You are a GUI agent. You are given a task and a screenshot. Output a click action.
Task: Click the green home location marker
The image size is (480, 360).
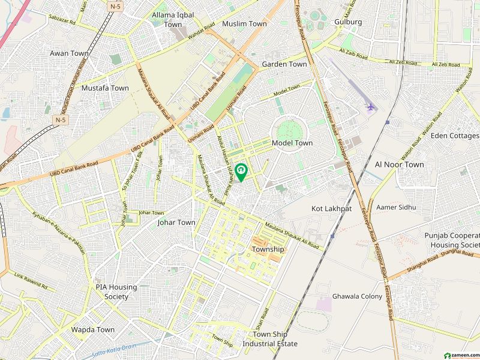(241, 172)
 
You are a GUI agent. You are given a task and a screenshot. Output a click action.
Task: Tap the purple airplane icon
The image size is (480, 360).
(370, 107)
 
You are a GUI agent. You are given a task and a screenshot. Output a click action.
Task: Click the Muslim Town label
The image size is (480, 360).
(244, 24)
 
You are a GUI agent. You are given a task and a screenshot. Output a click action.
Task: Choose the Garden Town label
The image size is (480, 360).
(284, 64)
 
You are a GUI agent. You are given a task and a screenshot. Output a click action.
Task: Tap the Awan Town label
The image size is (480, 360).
(69, 53)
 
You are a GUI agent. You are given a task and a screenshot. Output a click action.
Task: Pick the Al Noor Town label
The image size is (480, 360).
(399, 164)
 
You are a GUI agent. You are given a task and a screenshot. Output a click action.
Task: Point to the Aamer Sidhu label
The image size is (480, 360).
(395, 207)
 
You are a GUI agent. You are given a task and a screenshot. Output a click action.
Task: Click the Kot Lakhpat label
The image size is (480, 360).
(331, 208)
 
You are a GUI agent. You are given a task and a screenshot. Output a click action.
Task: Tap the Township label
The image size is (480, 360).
(268, 249)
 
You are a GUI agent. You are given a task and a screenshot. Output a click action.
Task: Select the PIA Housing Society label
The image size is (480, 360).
(116, 292)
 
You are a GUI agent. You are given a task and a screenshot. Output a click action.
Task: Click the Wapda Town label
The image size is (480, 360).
(93, 329)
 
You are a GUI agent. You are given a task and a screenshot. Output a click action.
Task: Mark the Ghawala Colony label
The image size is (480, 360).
(357, 296)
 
